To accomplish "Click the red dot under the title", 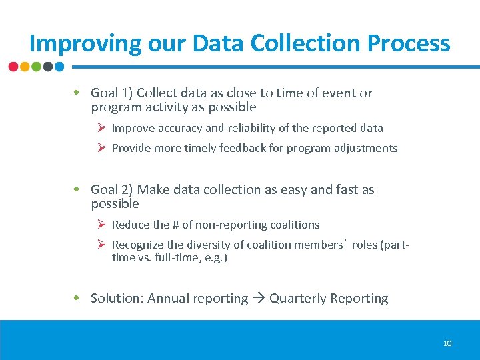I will coord(13,67).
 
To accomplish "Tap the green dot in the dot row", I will coord(36,67).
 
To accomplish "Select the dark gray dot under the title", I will coord(48,67).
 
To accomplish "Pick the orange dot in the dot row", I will coord(25,67).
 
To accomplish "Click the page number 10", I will coord(447,343).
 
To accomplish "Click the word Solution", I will coord(116,299).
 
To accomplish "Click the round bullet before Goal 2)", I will coord(78,190).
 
